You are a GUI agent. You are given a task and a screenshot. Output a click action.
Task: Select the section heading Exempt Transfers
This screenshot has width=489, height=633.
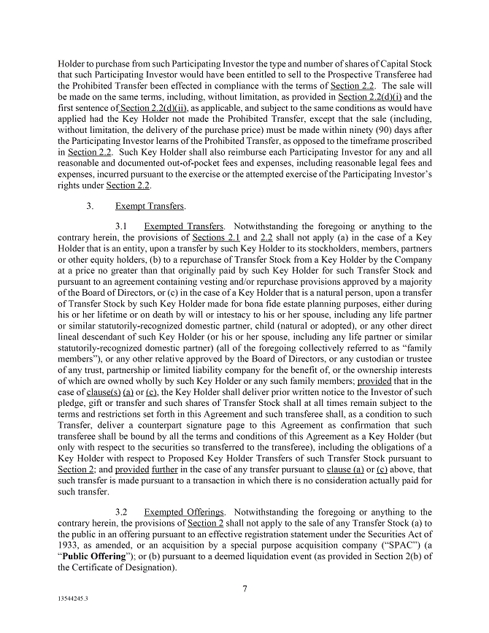150,206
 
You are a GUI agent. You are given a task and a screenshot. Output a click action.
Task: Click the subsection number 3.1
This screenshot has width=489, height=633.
123,227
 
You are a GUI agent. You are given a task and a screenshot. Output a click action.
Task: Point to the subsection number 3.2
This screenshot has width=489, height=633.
123,513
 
